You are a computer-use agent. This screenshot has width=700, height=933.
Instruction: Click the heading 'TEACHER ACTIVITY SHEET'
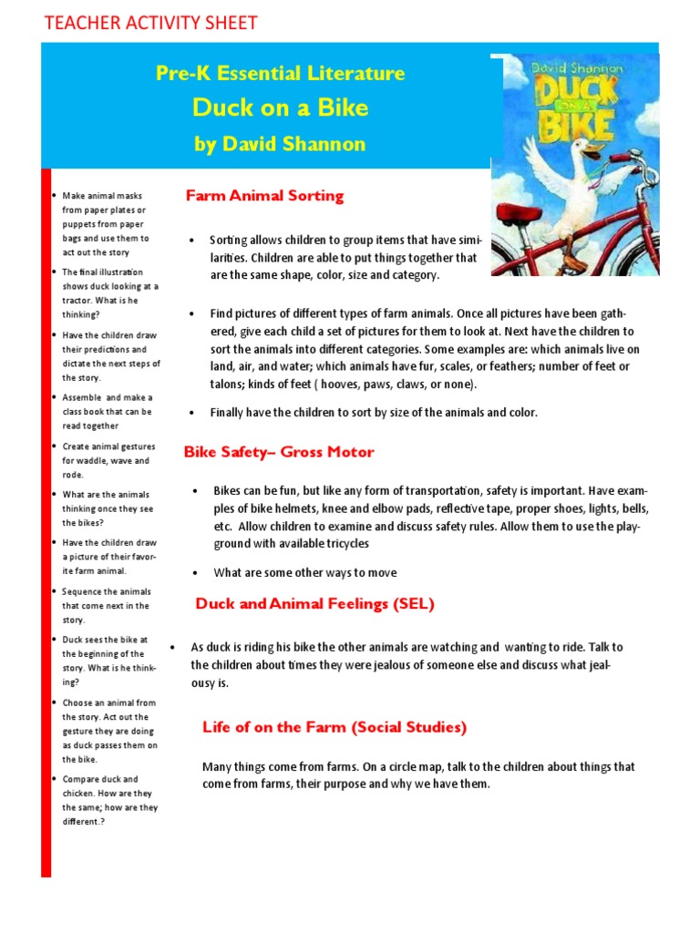coord(150,23)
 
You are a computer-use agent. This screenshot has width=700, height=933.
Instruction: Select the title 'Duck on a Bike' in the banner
coord(280,108)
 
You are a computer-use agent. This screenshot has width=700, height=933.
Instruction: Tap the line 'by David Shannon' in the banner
coord(280,144)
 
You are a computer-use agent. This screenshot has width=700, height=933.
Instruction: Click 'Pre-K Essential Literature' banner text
coord(280,74)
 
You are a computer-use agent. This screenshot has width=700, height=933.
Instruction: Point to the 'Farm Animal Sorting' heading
coord(264,195)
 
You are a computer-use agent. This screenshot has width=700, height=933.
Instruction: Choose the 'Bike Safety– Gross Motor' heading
coord(279,452)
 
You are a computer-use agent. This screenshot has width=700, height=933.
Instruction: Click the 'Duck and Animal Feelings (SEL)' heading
coord(315,603)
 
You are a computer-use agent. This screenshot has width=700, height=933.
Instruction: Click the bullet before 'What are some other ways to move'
coord(197,573)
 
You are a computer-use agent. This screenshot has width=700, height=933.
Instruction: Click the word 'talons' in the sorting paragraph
coord(227,384)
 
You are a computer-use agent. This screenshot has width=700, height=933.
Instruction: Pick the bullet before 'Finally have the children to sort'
coord(192,413)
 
